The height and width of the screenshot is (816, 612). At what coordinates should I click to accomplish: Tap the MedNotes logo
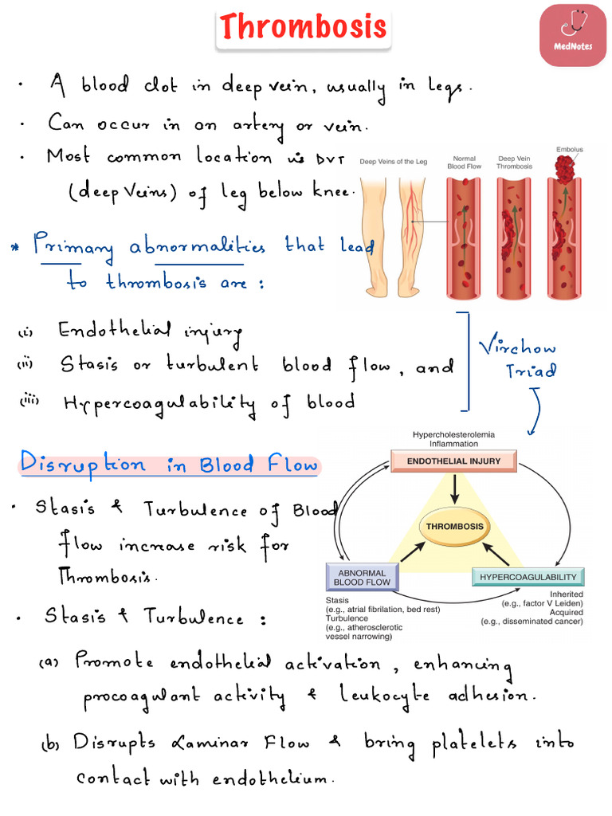point(572,34)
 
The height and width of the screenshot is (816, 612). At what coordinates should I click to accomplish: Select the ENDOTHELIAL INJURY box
point(453,461)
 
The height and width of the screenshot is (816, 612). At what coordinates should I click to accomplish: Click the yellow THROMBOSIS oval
point(454,527)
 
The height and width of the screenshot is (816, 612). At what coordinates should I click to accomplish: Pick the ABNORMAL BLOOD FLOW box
point(361,577)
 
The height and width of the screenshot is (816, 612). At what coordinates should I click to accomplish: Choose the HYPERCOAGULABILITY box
point(528,577)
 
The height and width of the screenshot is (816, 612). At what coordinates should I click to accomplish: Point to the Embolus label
point(569,150)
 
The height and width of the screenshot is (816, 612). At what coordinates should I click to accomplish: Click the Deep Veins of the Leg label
point(393,162)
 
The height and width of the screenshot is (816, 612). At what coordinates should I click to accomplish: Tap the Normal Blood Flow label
point(464,163)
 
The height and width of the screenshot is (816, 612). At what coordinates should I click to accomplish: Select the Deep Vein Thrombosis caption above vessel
point(515,163)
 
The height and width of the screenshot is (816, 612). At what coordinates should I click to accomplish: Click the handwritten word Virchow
point(518,347)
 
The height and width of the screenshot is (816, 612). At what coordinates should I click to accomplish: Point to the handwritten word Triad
point(532,371)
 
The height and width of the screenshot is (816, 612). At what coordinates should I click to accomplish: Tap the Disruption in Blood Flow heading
point(169,465)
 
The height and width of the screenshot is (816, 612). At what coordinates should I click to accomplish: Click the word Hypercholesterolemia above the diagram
point(453,434)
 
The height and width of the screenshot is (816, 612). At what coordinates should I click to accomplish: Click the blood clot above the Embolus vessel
point(567,167)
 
